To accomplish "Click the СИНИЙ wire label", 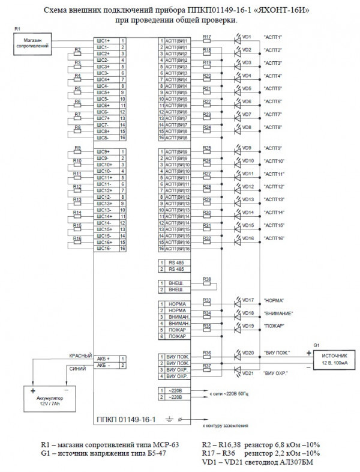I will [x=77, y=368].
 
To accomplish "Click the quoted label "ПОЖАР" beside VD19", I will [x=272, y=326].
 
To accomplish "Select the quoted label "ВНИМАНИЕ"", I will [x=277, y=313].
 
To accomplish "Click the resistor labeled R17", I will [x=207, y=41].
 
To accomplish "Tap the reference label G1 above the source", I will [x=316, y=345].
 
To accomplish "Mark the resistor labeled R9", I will [x=78, y=151].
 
